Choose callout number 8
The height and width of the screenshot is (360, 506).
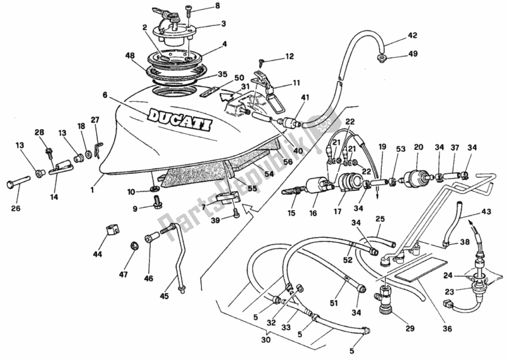click(x=200, y=6)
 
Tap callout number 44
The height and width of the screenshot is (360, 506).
click(x=97, y=254)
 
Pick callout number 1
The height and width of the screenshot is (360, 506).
click(x=92, y=189)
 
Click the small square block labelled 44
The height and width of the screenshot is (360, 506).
click(x=113, y=230)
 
